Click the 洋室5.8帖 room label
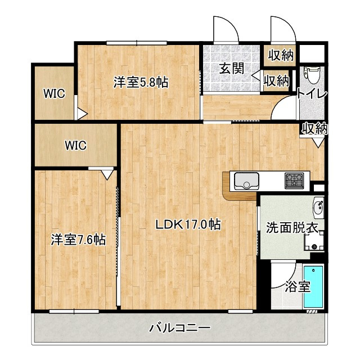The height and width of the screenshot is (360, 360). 141,82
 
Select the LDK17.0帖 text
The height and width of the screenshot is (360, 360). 187,224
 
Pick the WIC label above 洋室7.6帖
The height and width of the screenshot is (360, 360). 75,146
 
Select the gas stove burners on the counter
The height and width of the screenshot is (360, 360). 294,181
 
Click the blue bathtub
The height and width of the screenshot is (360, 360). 314,286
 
